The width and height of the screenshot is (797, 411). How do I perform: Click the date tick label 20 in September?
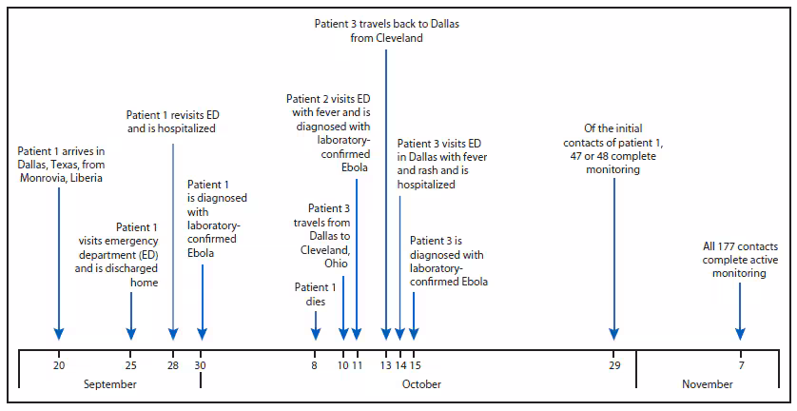[59, 365]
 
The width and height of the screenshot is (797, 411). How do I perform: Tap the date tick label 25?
[131, 365]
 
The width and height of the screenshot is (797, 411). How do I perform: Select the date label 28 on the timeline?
[173, 365]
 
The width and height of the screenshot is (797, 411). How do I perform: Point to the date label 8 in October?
[315, 365]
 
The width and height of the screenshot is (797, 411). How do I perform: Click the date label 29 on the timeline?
[614, 365]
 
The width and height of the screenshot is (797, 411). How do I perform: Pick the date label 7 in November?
[740, 365]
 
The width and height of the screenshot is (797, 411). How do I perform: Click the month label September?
[110, 384]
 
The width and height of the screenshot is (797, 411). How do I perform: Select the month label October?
[420, 384]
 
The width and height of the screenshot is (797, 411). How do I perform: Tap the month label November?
[708, 384]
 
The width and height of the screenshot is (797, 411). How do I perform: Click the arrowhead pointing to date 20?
[59, 333]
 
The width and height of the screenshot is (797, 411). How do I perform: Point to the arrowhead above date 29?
[614, 333]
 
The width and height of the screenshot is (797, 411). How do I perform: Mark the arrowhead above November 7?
[740, 333]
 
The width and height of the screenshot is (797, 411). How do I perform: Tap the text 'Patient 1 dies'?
[315, 293]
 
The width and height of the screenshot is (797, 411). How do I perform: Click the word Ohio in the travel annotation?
[332, 264]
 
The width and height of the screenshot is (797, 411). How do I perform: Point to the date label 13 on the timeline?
[385, 365]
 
